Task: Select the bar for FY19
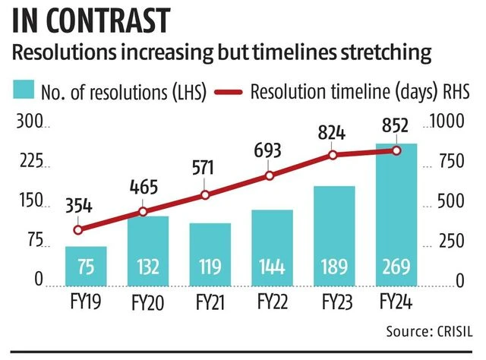click(x=85, y=264)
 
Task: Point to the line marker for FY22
click(x=272, y=176)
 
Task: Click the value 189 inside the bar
click(x=334, y=267)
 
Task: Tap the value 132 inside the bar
click(x=147, y=267)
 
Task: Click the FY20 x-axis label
click(x=147, y=302)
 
